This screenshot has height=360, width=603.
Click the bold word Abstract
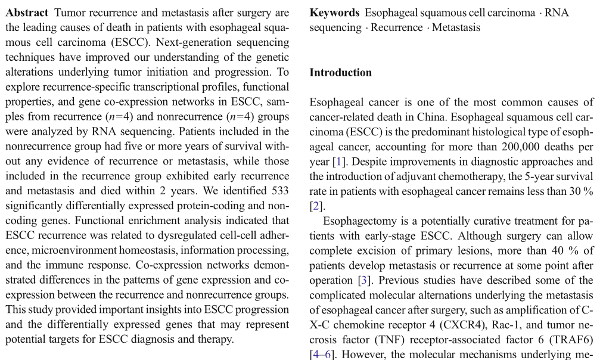coord(27,13)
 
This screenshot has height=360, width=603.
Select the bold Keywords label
coord(334,13)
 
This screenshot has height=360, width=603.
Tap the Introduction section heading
coord(340,73)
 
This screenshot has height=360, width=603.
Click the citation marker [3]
coord(364,280)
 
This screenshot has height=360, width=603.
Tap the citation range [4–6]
coord(322,355)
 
